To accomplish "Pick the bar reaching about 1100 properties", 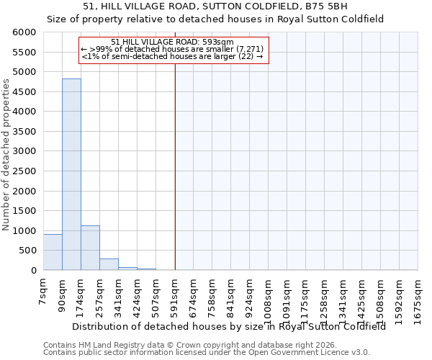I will [x=90, y=248].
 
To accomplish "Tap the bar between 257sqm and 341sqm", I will [x=109, y=264].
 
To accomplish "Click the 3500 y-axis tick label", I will [x=24, y=132].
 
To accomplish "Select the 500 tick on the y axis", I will [x=27, y=251].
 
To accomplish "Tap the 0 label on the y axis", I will [x=33, y=271].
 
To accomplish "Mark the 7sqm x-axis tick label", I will [x=43, y=292].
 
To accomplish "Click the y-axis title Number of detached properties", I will [x=6, y=156].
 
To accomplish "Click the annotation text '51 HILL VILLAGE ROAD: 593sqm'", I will [x=173, y=42].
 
